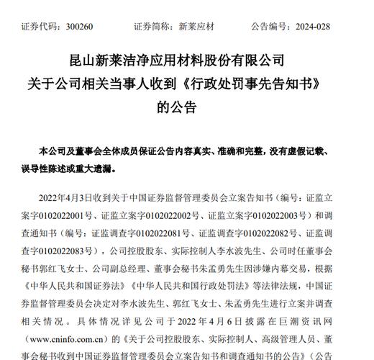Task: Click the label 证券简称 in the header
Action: [x=152, y=27]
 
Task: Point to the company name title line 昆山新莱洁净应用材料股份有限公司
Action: [x=186, y=59]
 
